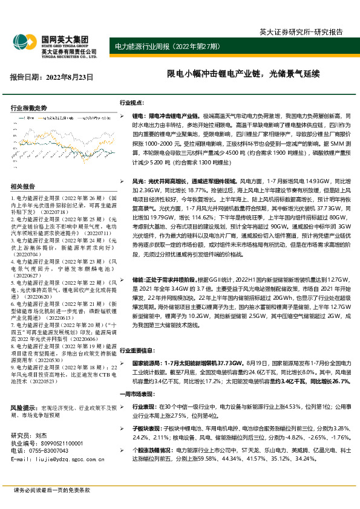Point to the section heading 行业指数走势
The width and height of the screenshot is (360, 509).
point(29,108)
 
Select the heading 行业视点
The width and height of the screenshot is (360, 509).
point(131,103)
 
